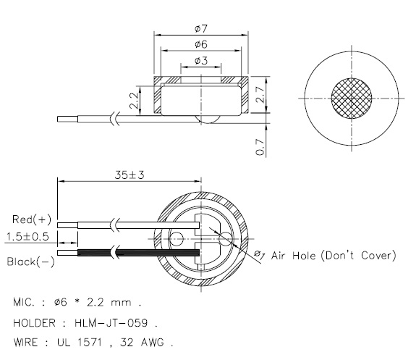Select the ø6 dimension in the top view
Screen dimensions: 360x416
(202, 44)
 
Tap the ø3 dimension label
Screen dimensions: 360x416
(202, 61)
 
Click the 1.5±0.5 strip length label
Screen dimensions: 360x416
(26, 237)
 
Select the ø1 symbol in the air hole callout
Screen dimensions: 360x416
(259, 254)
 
